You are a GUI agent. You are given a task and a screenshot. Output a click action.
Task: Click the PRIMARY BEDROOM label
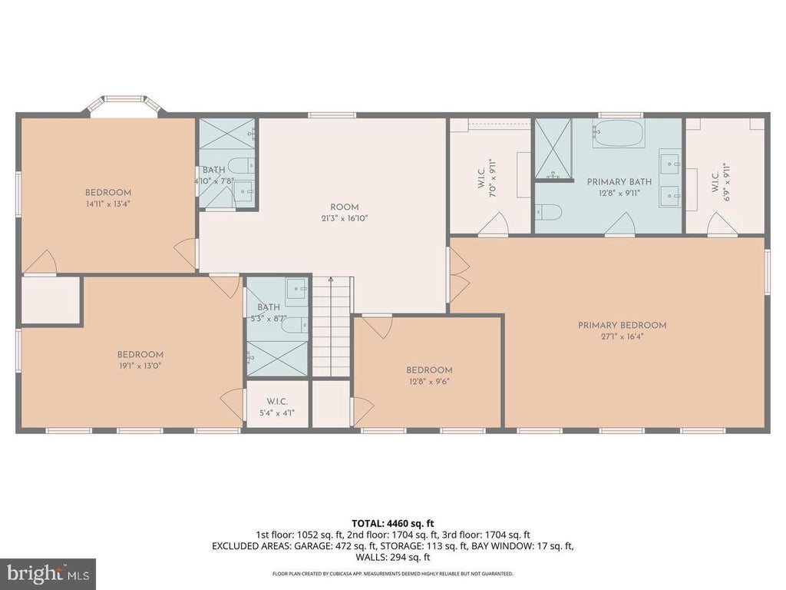622,330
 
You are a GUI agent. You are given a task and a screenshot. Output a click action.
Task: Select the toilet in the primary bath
545,211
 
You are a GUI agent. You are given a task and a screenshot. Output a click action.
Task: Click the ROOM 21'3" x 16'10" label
345,213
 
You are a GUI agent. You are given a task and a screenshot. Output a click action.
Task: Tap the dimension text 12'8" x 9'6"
429,381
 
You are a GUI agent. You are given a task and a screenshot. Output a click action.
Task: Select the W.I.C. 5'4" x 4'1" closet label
276,407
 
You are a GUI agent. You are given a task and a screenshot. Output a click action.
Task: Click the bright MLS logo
48,573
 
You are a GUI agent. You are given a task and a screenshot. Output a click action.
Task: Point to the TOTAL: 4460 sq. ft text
392,524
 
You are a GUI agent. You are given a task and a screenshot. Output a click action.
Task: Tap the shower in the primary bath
553,148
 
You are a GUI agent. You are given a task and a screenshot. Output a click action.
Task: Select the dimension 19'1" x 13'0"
140,366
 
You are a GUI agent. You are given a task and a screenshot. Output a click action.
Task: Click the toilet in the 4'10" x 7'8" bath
240,165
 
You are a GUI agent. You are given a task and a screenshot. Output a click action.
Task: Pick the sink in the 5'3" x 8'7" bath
297,288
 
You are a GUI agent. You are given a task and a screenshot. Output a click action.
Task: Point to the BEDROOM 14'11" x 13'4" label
107,198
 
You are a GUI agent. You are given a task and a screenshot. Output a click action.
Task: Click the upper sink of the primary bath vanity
671,163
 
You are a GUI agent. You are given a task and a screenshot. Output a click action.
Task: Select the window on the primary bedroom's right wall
767,271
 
